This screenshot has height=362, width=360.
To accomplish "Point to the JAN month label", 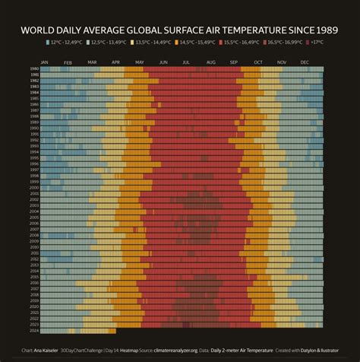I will [x=44, y=62].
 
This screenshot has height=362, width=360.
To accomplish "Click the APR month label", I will [x=115, y=62].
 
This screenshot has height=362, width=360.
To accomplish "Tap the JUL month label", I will [x=186, y=62].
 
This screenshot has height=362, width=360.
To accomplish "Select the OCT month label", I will [x=258, y=62].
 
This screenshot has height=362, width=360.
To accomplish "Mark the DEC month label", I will [x=305, y=62].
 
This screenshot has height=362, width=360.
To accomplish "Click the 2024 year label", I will [x=34, y=331].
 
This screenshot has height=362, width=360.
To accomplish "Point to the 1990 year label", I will [x=34, y=119].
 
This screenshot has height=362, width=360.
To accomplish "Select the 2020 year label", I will [x=34, y=306].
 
